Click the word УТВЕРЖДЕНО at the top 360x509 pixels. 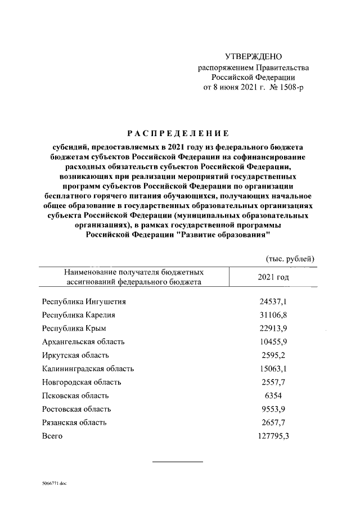pyautogui.click(x=253, y=57)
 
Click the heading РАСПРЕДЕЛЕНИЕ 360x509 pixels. pyautogui.click(x=178, y=133)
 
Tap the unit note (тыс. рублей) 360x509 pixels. pyautogui.click(x=290, y=259)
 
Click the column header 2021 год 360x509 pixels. pyautogui.click(x=273, y=277)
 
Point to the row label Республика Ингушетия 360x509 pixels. pyautogui.click(x=84, y=301)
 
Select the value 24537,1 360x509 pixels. pyautogui.click(x=273, y=301)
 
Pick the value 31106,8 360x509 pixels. pyautogui.click(x=273, y=315)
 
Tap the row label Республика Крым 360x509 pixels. pyautogui.click(x=74, y=328)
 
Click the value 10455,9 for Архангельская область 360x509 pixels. pyautogui.click(x=273, y=342)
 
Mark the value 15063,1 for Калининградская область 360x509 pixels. pyautogui.click(x=273, y=369)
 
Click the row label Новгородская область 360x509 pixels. pyautogui.click(x=82, y=382)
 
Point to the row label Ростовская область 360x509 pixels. pyautogui.click(x=76, y=409)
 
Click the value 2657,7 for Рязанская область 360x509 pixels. pyautogui.click(x=273, y=423)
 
